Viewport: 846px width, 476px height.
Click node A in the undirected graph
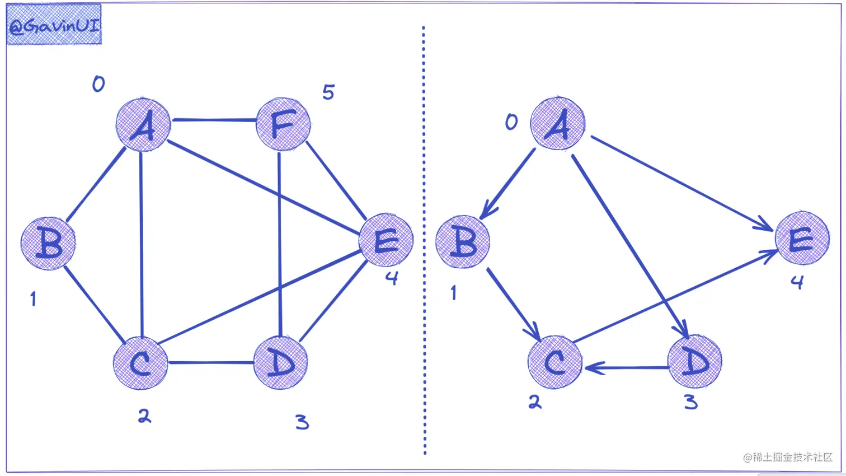pos(143,125)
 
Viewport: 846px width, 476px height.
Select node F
pos(283,124)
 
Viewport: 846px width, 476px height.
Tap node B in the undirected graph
pos(49,243)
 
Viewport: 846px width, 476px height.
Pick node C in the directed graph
pos(555,362)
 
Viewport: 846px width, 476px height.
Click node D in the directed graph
pos(694,362)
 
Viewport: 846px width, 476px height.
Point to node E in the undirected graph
pos(386,240)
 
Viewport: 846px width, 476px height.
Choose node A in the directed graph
pos(558,124)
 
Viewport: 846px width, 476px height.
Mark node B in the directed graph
pos(463,242)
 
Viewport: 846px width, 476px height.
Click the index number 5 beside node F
pos(328,92)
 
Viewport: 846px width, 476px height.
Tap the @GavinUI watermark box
pos(54,25)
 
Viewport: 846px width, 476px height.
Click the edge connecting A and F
pos(214,120)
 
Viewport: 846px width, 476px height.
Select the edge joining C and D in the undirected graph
pos(211,363)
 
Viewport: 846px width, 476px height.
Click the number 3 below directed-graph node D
pos(691,402)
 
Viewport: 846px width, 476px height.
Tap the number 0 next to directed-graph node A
pos(511,122)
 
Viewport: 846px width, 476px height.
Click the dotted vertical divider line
pos(424,241)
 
